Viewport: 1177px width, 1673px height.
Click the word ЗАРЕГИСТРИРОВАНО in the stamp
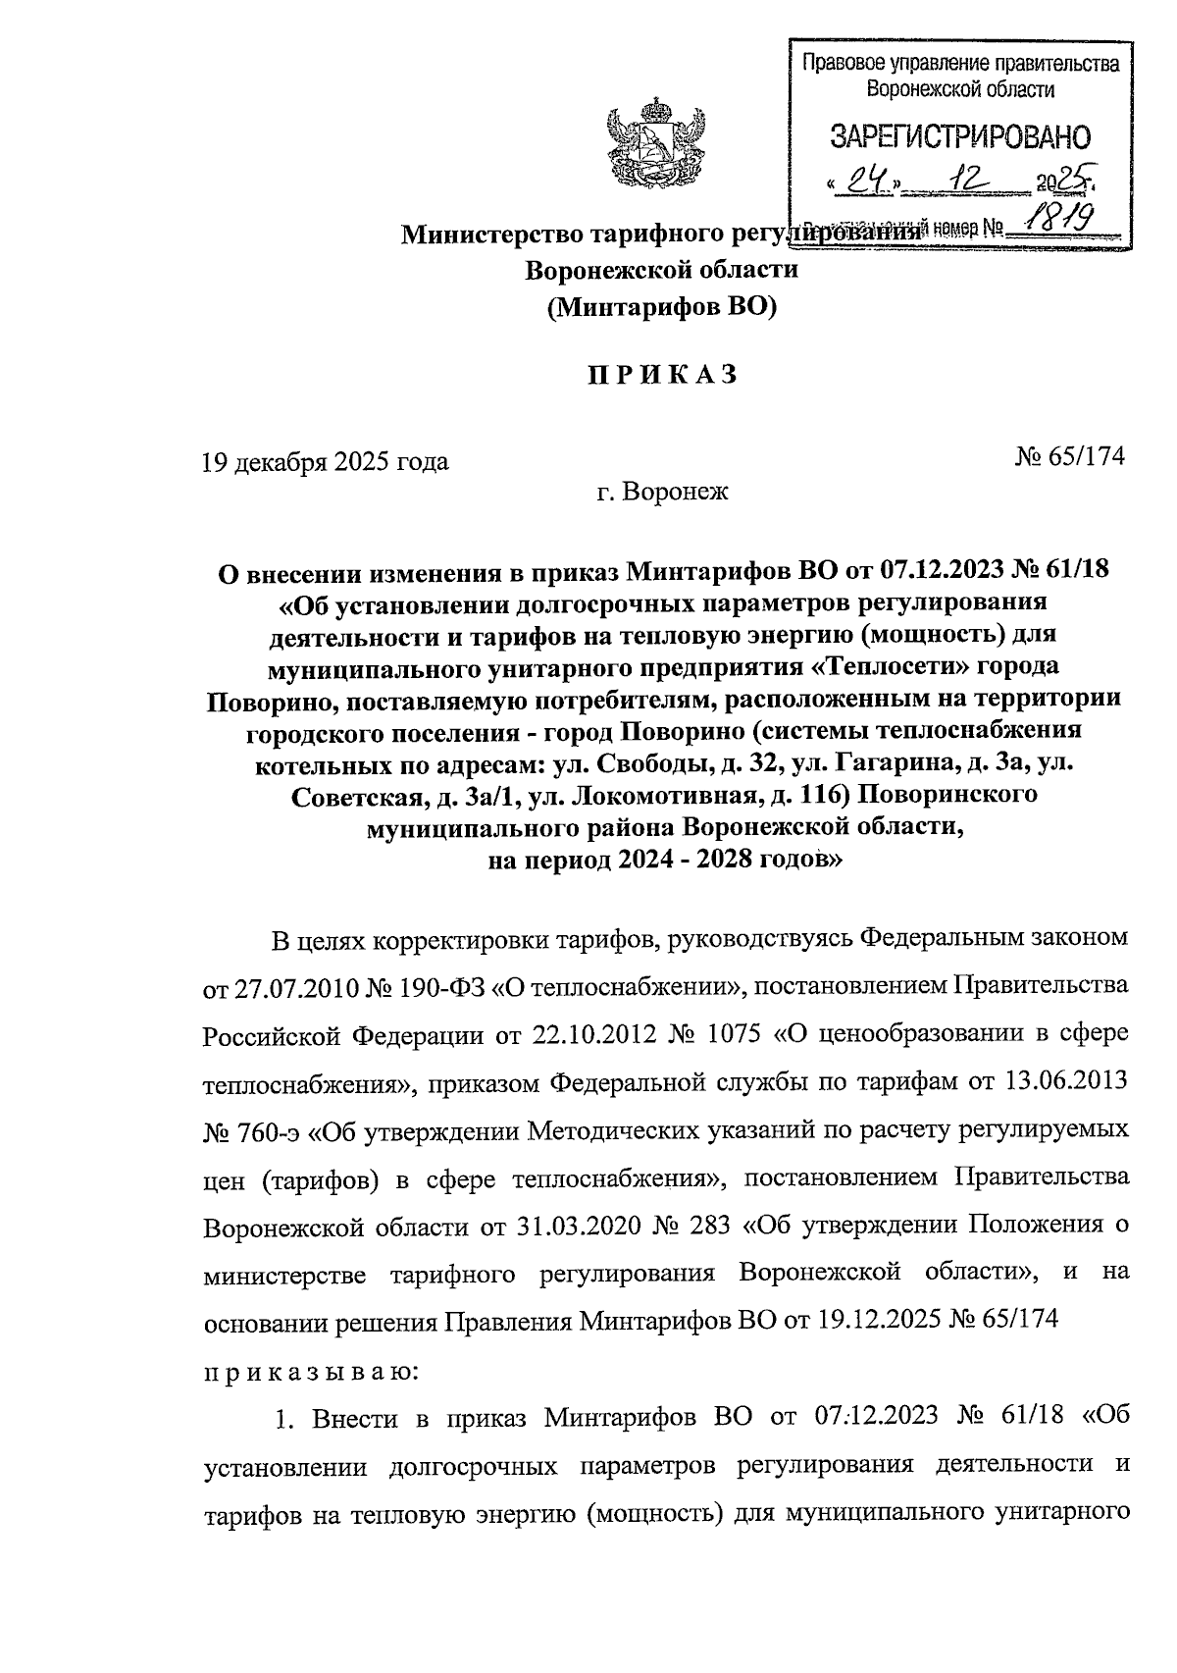pos(960,137)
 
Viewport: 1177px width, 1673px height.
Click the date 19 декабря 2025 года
pos(325,461)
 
